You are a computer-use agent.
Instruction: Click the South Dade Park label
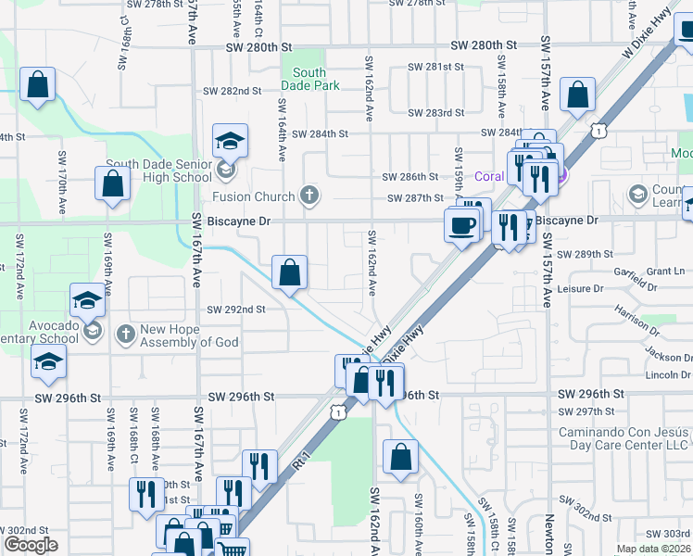[309, 79]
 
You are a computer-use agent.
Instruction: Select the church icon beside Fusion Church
[310, 196]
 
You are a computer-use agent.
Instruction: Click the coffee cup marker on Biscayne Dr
[461, 224]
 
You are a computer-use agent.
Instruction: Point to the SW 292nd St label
[235, 310]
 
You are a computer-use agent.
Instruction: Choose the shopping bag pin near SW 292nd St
[289, 272]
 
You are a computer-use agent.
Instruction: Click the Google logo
[31, 545]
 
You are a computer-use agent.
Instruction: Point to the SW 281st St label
[438, 67]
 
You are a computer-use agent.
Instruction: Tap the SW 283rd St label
[438, 113]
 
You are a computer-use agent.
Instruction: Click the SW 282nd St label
[228, 91]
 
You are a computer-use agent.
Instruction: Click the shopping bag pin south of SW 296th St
[400, 457]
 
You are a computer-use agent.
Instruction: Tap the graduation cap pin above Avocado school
[87, 300]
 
